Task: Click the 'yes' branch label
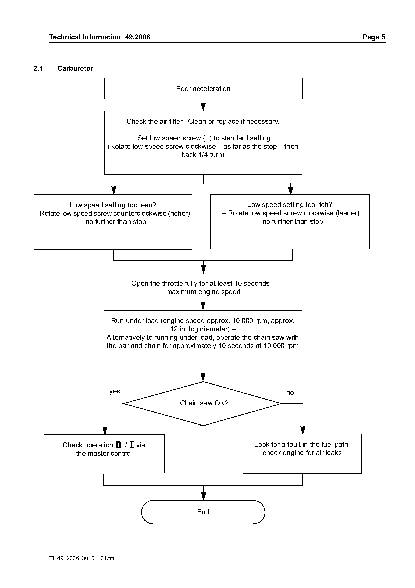[115, 391]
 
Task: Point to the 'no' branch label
[290, 392]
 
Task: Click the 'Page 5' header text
[374, 37]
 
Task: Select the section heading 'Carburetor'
[75, 68]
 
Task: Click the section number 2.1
[38, 68]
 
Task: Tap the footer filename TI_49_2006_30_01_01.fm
[82, 558]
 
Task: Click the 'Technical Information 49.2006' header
[100, 37]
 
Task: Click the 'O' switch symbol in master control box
[118, 445]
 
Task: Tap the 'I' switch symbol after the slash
[131, 445]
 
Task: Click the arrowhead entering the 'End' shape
[203, 496]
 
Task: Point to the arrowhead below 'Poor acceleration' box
[203, 107]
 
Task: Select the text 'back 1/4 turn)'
[203, 155]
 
